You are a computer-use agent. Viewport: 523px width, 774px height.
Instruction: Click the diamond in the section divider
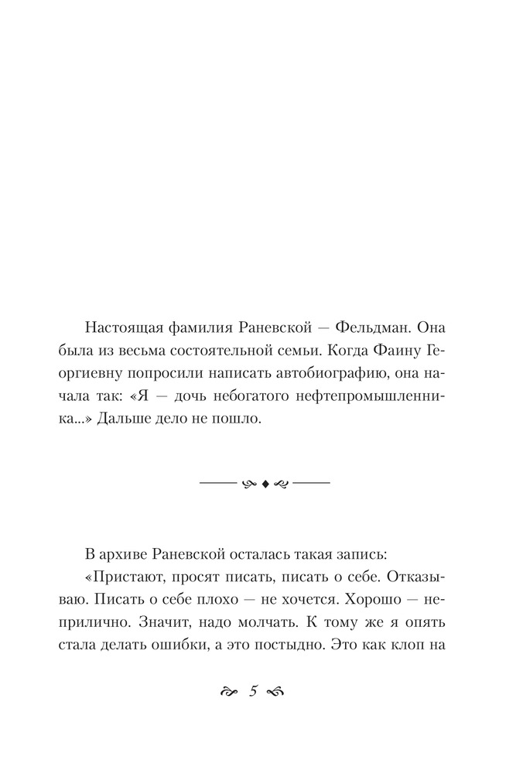pos(265,484)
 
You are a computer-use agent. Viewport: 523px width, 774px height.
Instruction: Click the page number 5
pos(253,691)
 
